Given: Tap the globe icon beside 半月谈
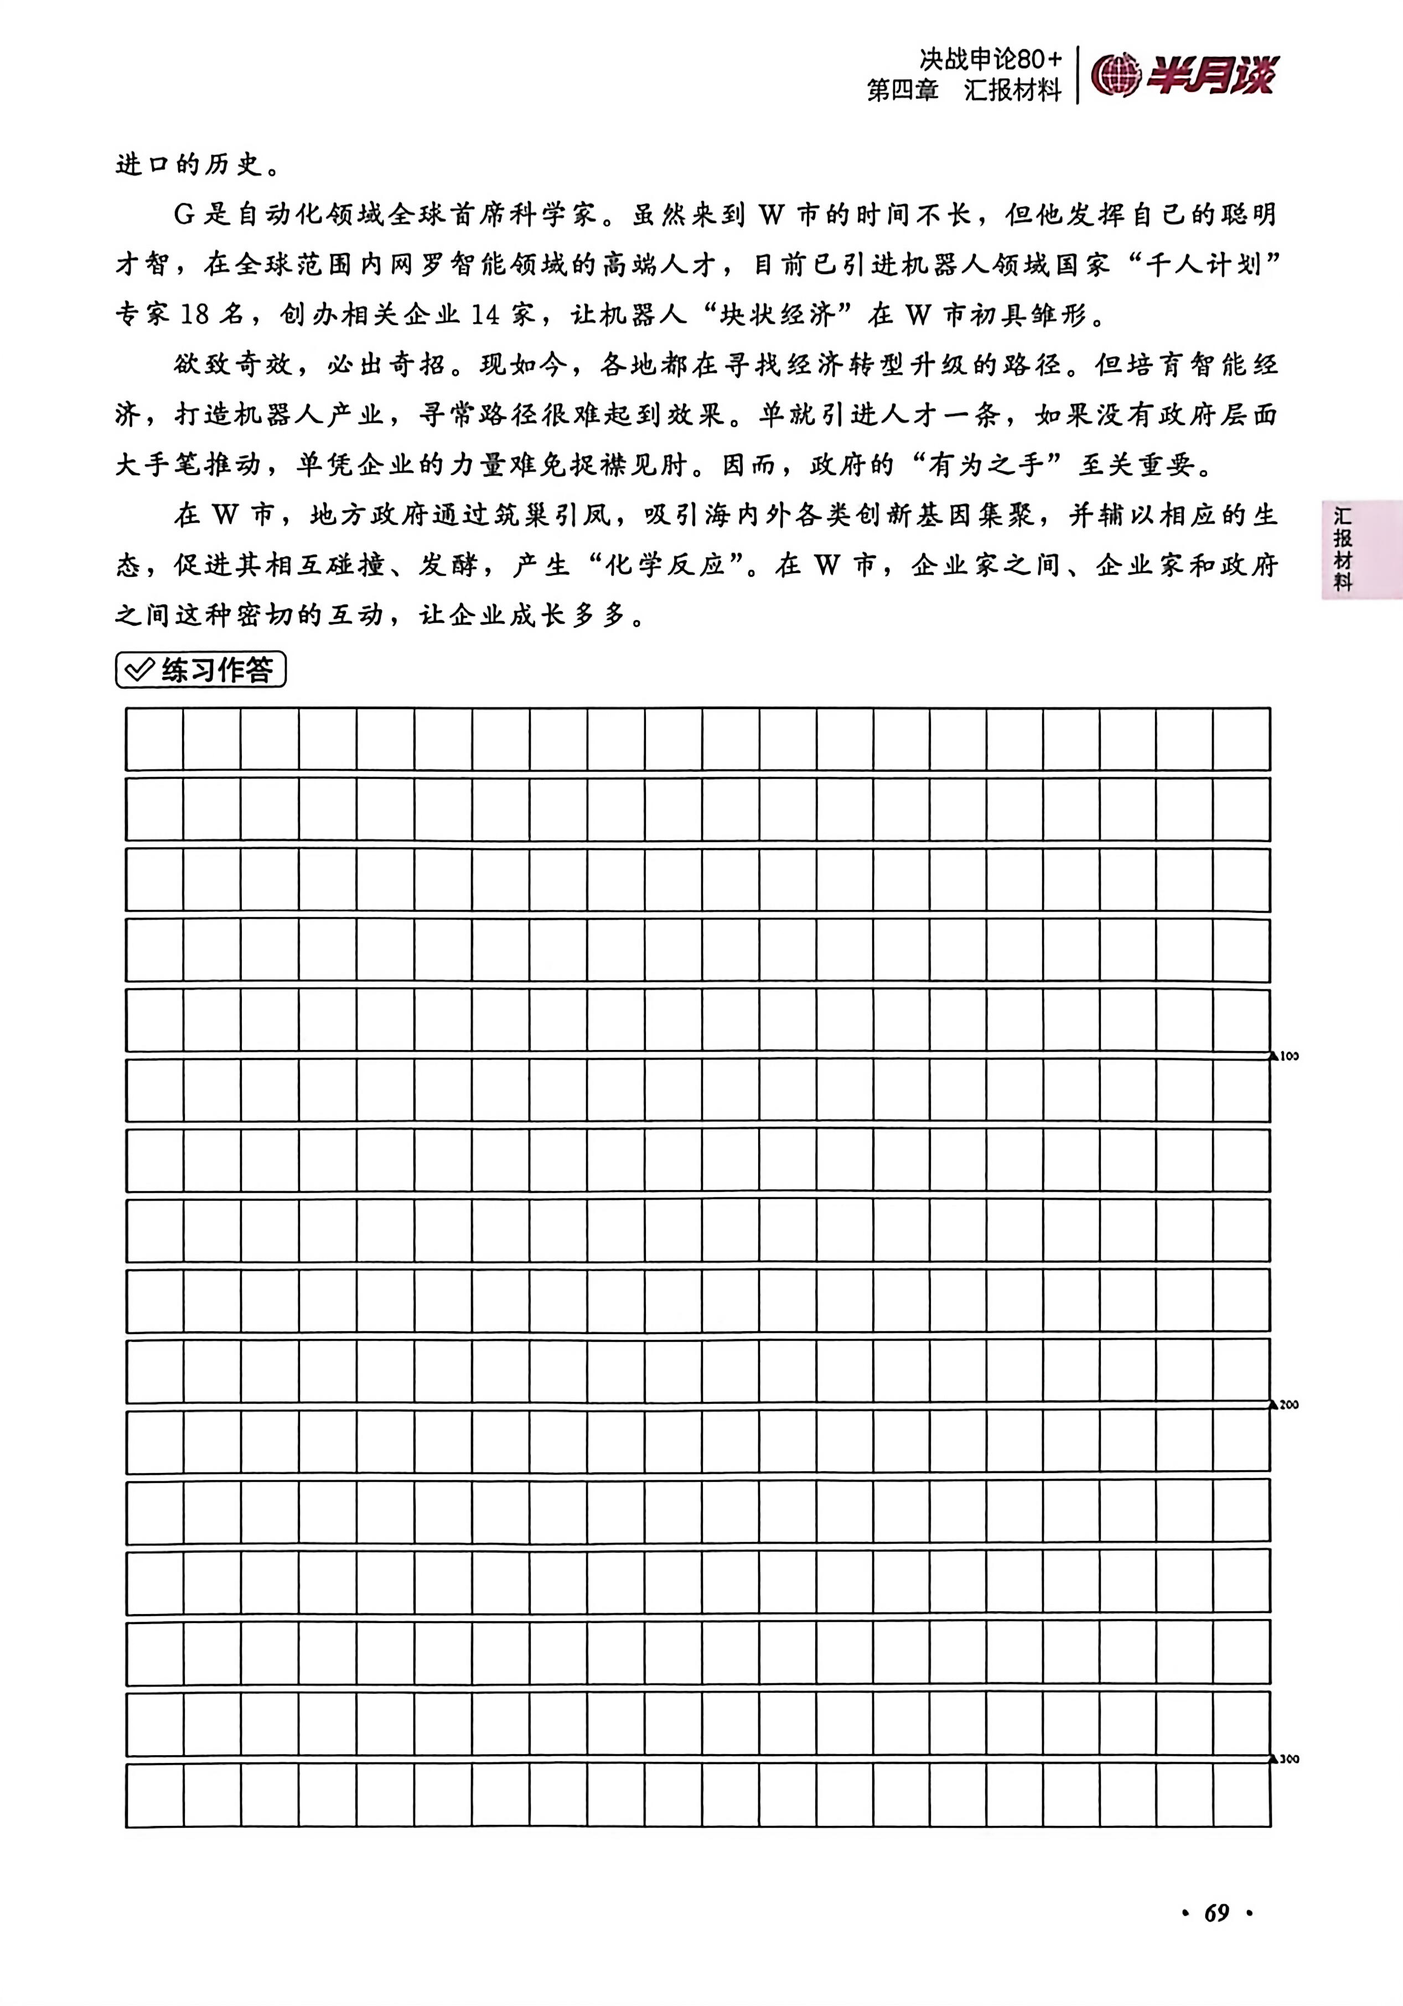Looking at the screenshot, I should click(1116, 75).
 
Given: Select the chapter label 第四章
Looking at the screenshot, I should click(903, 90).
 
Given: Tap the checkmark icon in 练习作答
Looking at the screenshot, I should click(140, 670).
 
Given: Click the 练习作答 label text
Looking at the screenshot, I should click(216, 670).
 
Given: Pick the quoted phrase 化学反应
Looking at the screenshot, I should click(665, 565).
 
